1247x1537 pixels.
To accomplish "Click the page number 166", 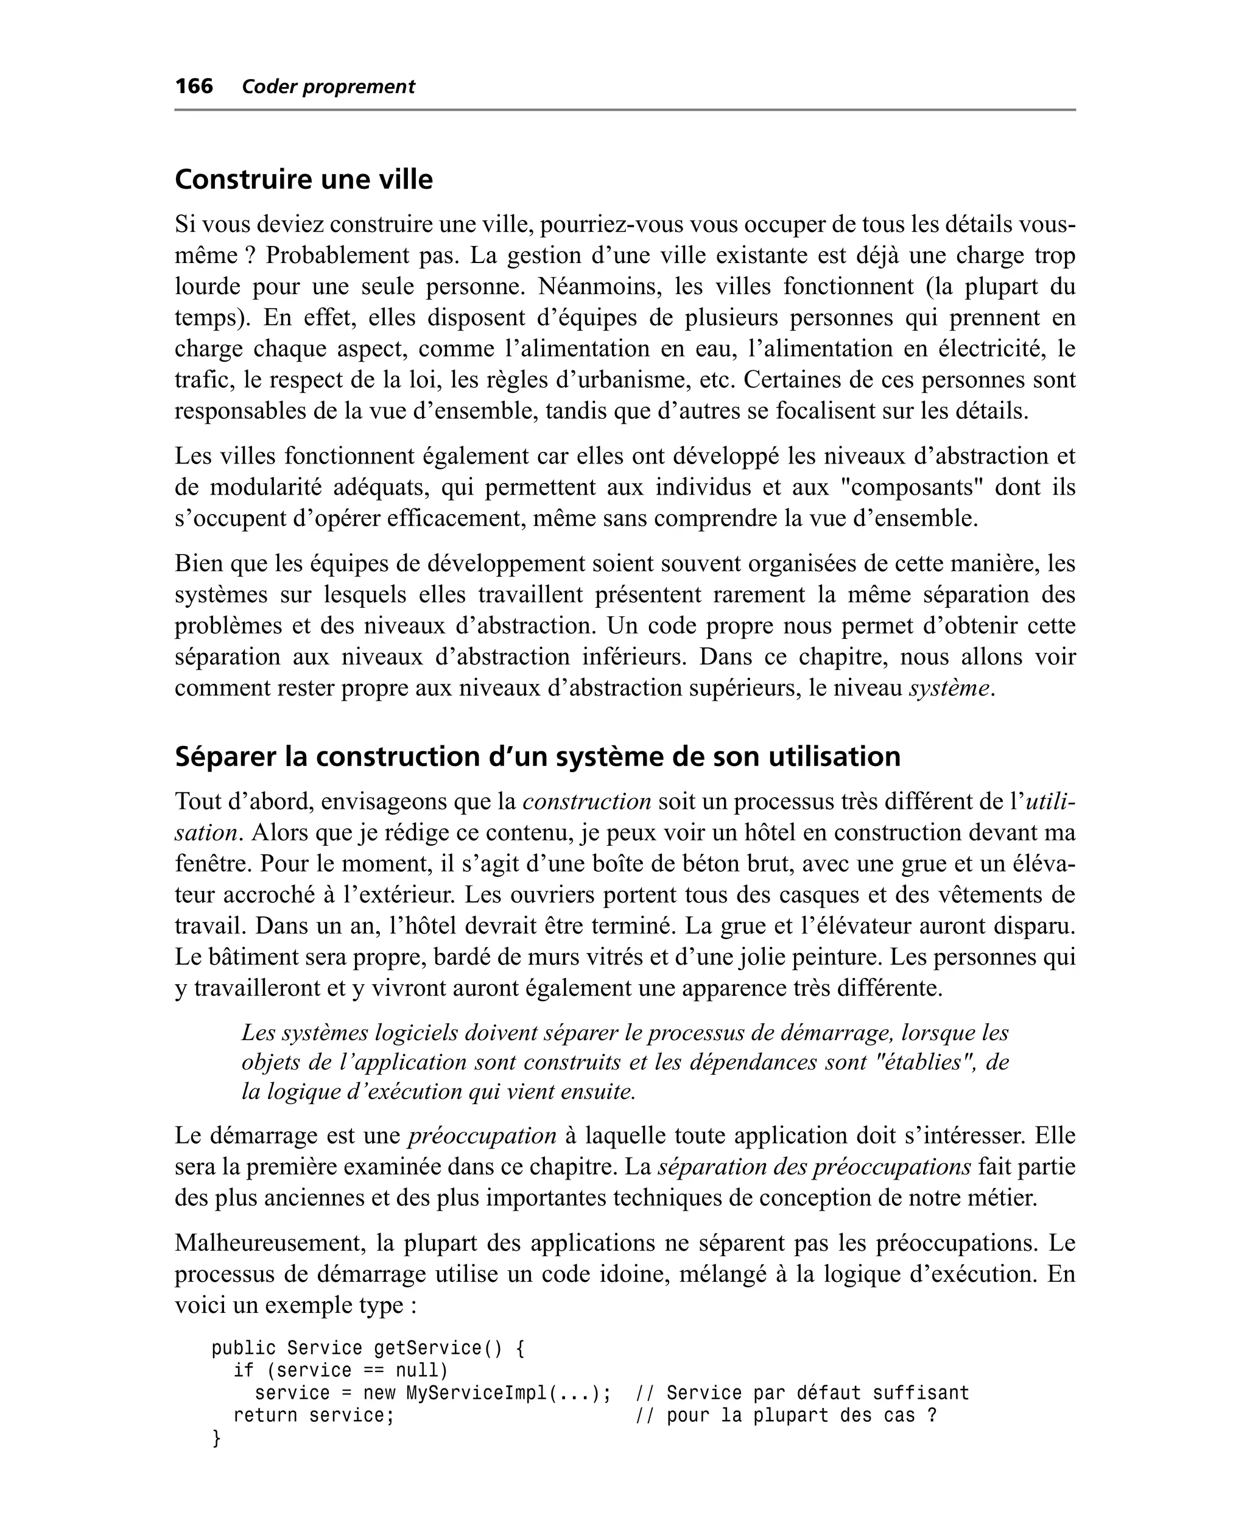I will tap(194, 86).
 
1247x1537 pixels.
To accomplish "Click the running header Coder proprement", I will tap(328, 87).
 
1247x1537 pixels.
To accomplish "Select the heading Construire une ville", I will tap(304, 180).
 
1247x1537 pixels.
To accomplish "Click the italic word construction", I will tap(586, 801).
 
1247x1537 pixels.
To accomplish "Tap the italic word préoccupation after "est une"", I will tap(482, 1136).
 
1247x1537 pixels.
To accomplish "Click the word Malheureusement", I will tap(269, 1243).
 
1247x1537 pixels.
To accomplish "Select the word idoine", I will tap(617, 1274).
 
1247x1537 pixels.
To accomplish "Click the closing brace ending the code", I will tap(216, 1438).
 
